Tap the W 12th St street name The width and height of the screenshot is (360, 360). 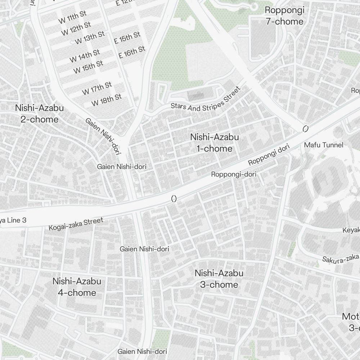[76, 29]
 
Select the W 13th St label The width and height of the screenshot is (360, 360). [90, 38]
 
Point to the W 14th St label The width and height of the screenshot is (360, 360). [85, 55]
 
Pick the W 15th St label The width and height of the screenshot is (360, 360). [88, 67]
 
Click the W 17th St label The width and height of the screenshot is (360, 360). [97, 88]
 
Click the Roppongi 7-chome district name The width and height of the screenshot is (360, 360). [284, 15]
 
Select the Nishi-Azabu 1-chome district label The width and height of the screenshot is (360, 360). [215, 143]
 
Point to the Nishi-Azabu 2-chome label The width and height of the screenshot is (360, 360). [39, 113]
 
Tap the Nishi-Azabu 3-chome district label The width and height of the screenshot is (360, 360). [219, 279]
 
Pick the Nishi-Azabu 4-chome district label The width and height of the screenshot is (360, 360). [77, 287]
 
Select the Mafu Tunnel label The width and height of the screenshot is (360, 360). [324, 145]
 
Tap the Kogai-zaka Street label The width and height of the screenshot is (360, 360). [76, 224]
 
